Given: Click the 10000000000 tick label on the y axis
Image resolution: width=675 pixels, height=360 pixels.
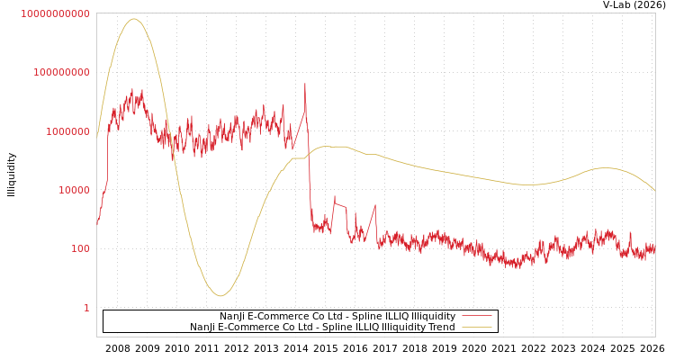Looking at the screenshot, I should click(x=55, y=13).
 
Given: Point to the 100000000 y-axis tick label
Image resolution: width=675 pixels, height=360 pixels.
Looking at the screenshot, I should click(x=61, y=72).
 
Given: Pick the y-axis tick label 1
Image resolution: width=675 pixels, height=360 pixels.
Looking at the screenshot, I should click(x=86, y=308).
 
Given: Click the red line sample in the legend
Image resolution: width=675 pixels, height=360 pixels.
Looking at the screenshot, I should click(x=476, y=316).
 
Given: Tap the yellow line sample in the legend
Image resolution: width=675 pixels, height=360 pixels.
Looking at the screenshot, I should click(x=476, y=327).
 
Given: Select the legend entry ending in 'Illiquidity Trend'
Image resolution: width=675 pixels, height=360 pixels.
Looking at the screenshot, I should click(x=322, y=327).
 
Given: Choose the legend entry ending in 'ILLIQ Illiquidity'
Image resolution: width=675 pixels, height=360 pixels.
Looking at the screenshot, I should click(x=337, y=316).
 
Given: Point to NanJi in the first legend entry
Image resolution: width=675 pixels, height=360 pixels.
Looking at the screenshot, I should click(x=233, y=316).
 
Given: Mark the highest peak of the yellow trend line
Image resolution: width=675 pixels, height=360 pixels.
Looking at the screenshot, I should click(x=134, y=19).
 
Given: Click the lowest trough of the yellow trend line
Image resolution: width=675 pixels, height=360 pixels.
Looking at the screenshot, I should click(x=220, y=295).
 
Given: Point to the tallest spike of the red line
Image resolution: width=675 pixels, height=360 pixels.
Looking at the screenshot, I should click(x=304, y=84).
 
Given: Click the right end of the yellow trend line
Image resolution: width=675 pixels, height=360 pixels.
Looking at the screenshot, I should click(x=654, y=191).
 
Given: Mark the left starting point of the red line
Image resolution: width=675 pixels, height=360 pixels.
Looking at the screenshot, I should click(x=97, y=223).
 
